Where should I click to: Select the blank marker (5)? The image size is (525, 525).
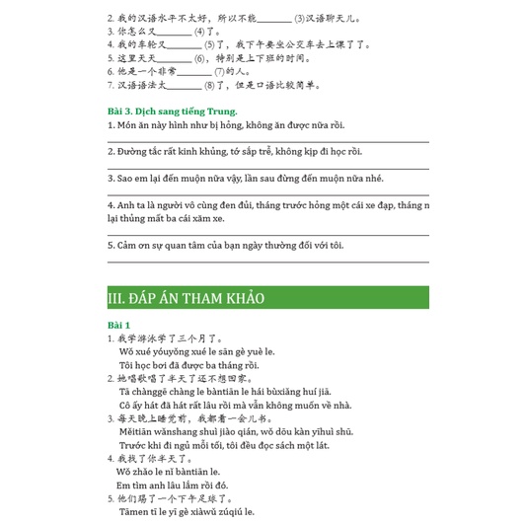pos(208,45)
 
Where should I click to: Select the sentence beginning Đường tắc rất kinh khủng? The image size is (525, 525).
pos(237,151)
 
